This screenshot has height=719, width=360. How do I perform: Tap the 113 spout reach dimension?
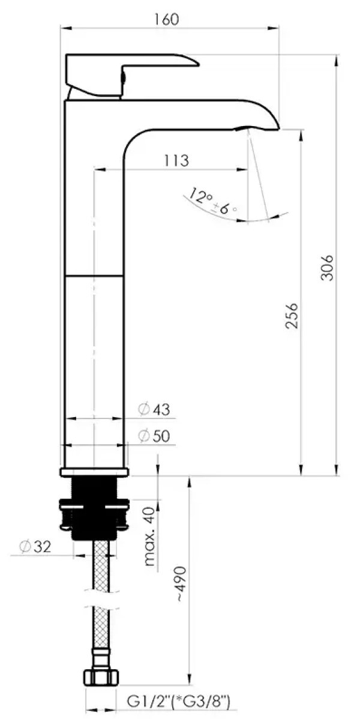[176, 161]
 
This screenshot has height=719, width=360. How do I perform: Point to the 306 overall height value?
[328, 267]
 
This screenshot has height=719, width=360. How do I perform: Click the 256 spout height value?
[292, 316]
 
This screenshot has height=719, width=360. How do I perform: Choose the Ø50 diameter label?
[154, 436]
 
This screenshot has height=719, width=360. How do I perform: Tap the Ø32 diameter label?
[34, 547]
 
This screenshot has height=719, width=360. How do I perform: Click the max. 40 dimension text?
[151, 537]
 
